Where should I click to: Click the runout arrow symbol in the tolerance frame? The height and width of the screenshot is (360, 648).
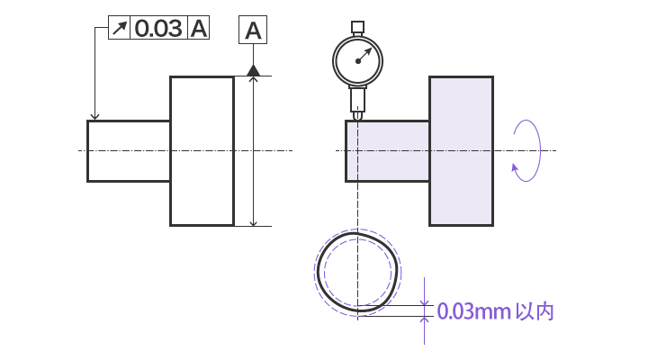120,28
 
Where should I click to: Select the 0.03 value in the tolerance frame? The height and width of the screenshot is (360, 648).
158,28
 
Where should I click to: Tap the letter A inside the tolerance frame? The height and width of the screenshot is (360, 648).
199,28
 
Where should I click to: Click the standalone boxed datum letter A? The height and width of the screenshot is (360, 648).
253,30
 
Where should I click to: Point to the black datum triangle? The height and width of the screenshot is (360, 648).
253,70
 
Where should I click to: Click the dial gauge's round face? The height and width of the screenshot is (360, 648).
358,61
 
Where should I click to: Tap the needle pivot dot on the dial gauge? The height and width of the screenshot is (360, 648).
358,61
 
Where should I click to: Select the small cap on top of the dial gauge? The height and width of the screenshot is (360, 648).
358,27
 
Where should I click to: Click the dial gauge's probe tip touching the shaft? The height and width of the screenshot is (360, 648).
358,116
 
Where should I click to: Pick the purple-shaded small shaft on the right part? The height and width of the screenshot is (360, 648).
388,151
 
